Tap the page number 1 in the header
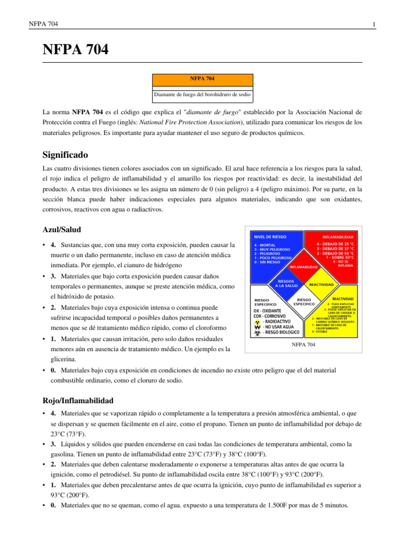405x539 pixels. coord(373,24)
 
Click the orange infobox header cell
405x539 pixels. coord(202,78)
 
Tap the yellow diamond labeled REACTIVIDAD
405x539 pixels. coord(321,284)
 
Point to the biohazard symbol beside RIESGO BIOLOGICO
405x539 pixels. coord(257,333)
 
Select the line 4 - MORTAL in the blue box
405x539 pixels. coord(265,245)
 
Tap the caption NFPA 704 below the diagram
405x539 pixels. coord(303,345)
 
